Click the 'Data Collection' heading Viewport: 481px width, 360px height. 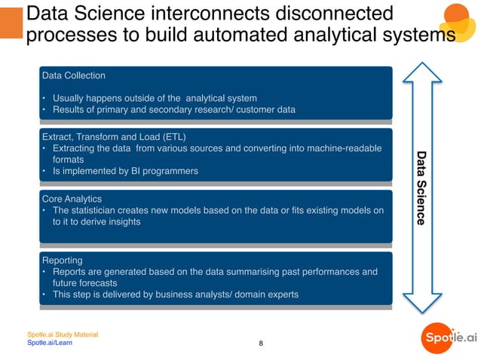coord(74,75)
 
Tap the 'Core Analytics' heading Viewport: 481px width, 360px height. coord(72,199)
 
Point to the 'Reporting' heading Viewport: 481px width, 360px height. coord(63,260)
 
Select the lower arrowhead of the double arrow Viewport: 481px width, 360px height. coord(421,301)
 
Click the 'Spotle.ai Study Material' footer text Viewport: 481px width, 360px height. coord(63,334)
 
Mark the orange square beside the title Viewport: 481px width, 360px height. coord(11,23)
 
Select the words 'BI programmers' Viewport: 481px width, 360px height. coord(165,171)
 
